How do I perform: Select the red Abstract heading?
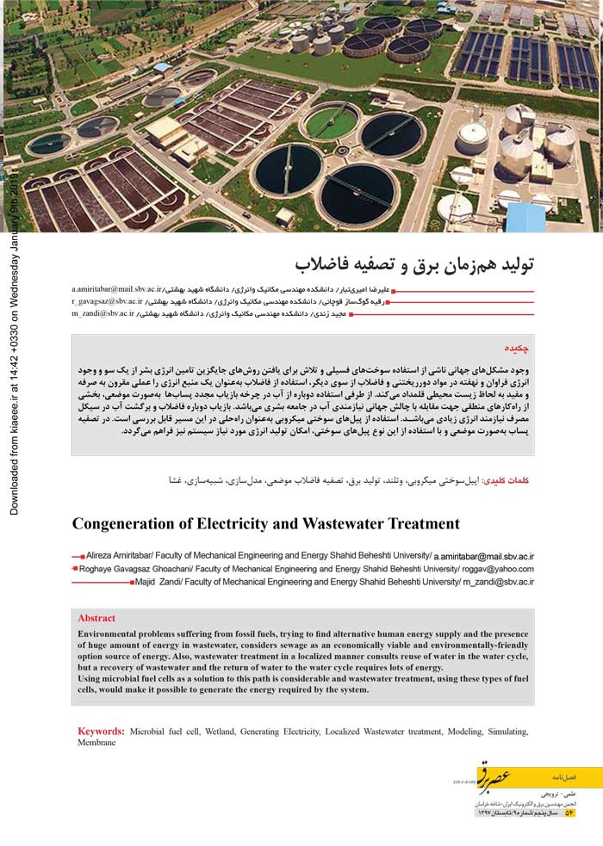pyautogui.click(x=96, y=618)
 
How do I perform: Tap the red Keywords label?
pyautogui.click(x=101, y=731)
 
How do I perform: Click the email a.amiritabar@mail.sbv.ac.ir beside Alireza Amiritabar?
pyautogui.click(x=483, y=557)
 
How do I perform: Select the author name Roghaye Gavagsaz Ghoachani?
pyautogui.click(x=139, y=569)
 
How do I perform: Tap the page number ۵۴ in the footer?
pyautogui.click(x=569, y=812)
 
